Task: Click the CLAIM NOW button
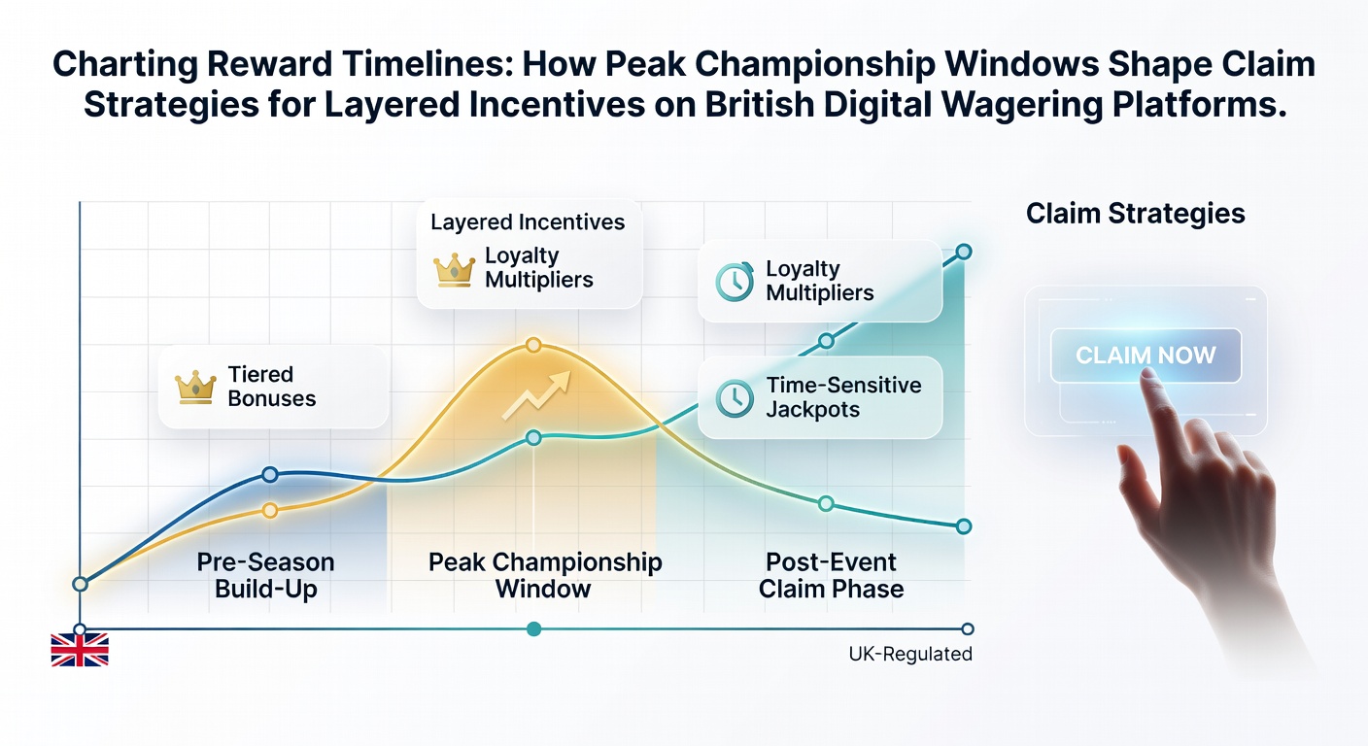[x=1146, y=356]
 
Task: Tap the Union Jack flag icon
[x=80, y=650]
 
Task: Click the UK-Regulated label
[x=910, y=654]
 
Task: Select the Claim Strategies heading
[x=1136, y=214]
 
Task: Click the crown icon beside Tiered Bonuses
[x=195, y=387]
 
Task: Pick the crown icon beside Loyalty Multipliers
[x=454, y=270]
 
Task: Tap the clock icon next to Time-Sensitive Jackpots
[x=735, y=398]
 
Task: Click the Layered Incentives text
[x=528, y=221]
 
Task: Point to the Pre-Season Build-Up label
[x=265, y=576]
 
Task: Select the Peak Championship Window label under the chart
[x=545, y=576]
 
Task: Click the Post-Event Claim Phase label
[x=831, y=576]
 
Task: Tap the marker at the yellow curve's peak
[x=533, y=346]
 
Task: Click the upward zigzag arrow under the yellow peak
[x=536, y=395]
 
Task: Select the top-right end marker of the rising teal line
[x=964, y=252]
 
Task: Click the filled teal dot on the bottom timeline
[x=533, y=628]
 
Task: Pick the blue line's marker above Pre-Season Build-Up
[x=270, y=474]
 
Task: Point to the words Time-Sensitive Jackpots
[x=843, y=397]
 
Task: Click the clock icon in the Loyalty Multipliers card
[x=735, y=282]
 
